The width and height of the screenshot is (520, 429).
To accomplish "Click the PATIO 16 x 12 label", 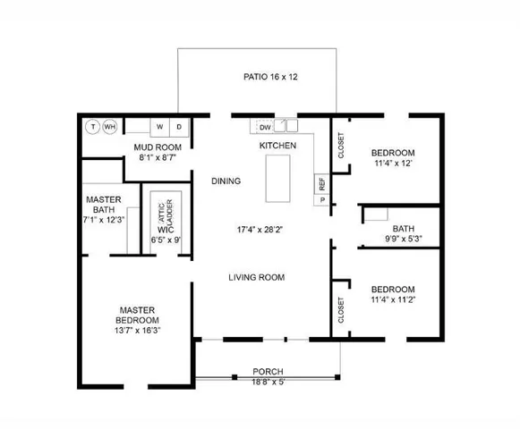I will tap(270, 77).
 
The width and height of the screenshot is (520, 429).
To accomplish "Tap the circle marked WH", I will tap(109, 127).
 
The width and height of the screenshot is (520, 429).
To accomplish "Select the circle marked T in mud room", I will tap(92, 127).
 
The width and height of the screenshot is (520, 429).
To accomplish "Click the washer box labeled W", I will tap(160, 127).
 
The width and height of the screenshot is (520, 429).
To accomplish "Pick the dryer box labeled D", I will tap(179, 127).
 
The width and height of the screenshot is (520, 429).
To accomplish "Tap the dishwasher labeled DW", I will tap(266, 127).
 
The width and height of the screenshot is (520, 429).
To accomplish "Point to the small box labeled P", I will tap(320, 200).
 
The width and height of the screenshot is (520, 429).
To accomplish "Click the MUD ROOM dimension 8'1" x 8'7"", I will tap(158, 157).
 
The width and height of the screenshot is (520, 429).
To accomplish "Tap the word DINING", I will tap(226, 181).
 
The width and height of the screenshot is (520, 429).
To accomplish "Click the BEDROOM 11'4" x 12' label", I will tap(394, 157).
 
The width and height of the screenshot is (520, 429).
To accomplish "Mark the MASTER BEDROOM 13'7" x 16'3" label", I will tap(138, 320).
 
